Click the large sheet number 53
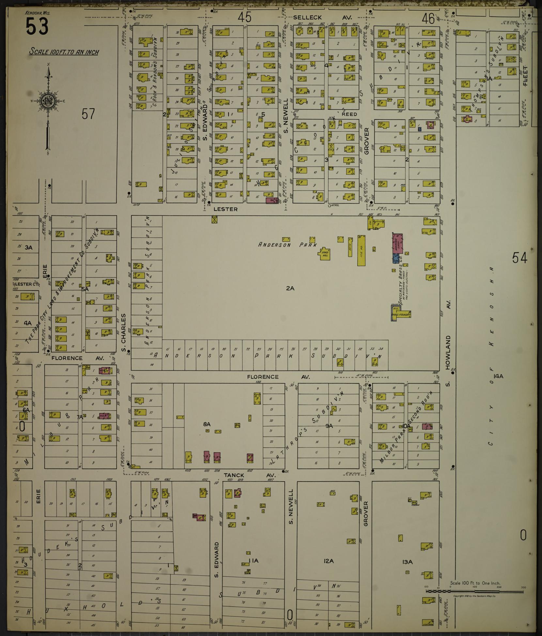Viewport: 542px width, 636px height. pos(37,26)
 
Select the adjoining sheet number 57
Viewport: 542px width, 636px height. pos(88,114)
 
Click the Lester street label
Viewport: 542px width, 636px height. pos(225,209)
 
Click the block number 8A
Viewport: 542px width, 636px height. pos(207,424)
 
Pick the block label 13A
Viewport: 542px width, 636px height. pos(408,562)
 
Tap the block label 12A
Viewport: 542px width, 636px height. pos(329,561)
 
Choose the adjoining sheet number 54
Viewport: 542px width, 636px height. pos(519,258)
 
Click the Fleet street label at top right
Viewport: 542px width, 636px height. pos(525,76)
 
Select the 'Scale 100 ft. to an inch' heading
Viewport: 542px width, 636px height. pos(64,52)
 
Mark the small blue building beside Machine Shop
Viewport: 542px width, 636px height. pos(396,258)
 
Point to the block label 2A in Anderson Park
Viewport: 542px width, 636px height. pos(290,288)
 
